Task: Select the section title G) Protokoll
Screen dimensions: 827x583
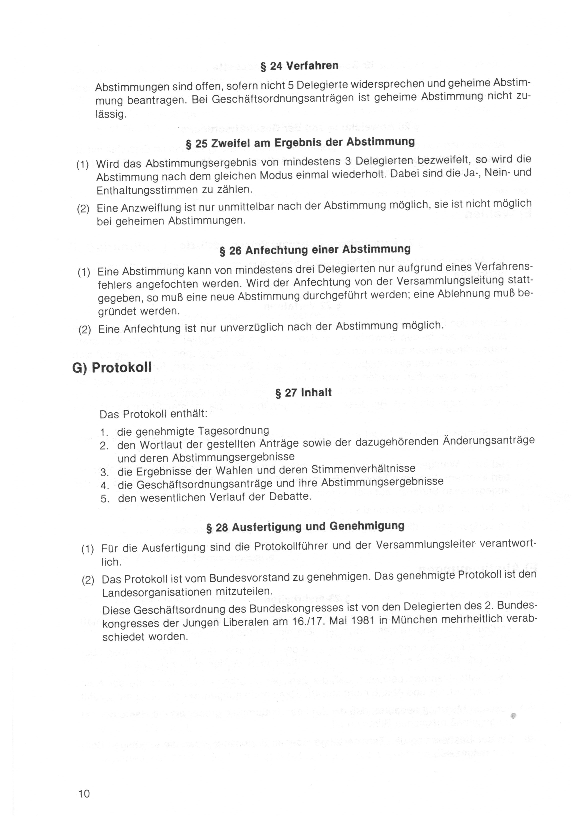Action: pos(112,367)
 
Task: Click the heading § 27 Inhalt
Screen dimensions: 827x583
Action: pos(303,392)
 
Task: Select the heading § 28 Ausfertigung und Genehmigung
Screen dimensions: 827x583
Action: pos(305,526)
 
